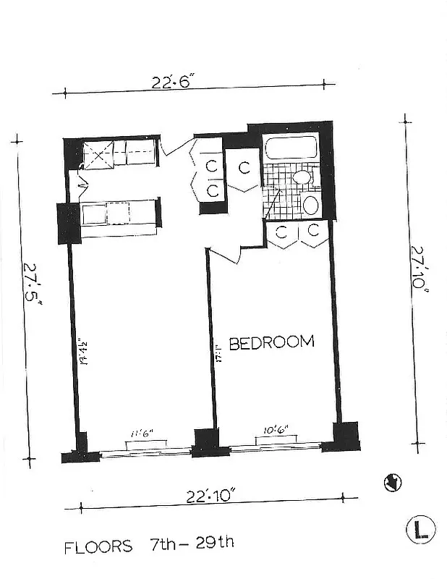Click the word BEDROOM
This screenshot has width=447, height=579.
271,342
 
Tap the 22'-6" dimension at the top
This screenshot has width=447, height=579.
170,82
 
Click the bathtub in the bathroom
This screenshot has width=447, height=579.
291,148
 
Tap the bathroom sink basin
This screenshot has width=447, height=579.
302,177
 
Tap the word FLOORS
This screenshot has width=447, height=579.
98,546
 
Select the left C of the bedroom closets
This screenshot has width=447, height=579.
281,231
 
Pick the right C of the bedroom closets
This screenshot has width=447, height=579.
314,230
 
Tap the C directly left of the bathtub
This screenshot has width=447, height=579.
244,168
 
